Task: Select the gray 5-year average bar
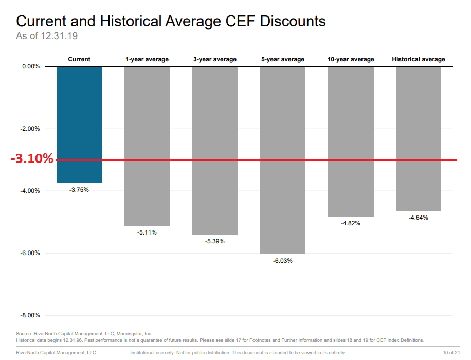(282, 160)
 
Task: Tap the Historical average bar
(418, 138)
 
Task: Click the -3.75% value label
(79, 190)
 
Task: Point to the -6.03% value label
(282, 261)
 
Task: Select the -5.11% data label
(147, 232)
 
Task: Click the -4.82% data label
(351, 223)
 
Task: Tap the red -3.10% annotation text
(32, 159)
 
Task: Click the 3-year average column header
(215, 59)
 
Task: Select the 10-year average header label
(351, 59)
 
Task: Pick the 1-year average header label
(147, 59)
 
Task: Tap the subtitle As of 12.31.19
(47, 36)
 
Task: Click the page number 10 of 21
(451, 353)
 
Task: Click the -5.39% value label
(215, 241)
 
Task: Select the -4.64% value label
(418, 218)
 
